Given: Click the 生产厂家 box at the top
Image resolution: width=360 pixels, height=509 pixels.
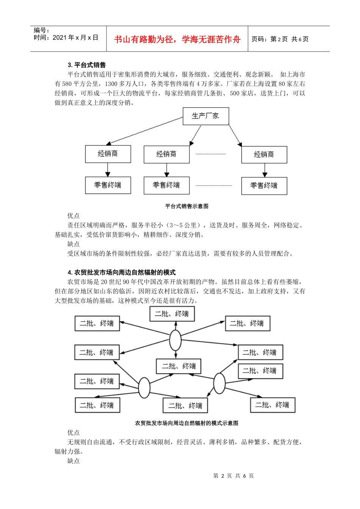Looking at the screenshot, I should pyautogui.click(x=206, y=116).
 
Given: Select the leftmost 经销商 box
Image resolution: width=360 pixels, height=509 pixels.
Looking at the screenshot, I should pyautogui.click(x=108, y=154).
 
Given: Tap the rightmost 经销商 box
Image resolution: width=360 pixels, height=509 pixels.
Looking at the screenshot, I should pyautogui.click(x=264, y=155).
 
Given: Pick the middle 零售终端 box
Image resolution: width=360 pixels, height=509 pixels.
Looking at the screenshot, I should pyautogui.click(x=166, y=185).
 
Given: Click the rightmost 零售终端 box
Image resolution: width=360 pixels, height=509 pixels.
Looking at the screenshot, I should pyautogui.click(x=264, y=186).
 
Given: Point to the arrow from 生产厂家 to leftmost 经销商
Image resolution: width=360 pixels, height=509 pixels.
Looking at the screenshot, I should pyautogui.click(x=144, y=131).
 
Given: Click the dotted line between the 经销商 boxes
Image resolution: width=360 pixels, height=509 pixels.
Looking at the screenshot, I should pyautogui.click(x=211, y=154).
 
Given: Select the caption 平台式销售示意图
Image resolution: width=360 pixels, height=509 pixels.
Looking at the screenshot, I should pyautogui.click(x=186, y=206).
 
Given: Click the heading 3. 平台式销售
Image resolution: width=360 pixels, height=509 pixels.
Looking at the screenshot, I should pyautogui.click(x=87, y=65).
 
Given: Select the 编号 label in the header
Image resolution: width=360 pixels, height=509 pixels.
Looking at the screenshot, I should pyautogui.click(x=41, y=31).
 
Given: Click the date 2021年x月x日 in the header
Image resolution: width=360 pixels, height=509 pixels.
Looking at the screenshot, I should pyautogui.click(x=66, y=37).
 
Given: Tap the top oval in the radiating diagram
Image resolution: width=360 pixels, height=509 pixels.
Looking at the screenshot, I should pyautogui.click(x=175, y=340).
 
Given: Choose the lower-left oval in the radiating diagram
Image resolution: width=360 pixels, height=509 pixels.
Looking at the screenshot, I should pyautogui.click(x=144, y=387).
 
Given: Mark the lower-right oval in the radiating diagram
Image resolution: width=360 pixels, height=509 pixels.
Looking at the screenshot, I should pyautogui.click(x=219, y=383).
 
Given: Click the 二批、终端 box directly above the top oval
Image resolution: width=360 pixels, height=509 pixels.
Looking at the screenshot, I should pyautogui.click(x=172, y=314).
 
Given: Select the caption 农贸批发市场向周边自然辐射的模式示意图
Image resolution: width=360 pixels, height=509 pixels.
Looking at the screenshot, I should pyautogui.click(x=186, y=423).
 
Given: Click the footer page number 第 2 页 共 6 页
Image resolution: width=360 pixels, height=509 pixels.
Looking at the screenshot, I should pyautogui.click(x=233, y=476).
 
